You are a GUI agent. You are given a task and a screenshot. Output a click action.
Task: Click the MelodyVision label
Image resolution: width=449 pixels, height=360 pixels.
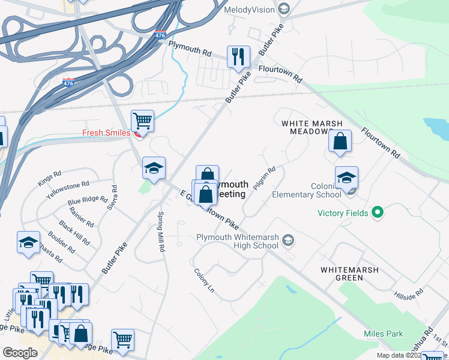click(248, 10)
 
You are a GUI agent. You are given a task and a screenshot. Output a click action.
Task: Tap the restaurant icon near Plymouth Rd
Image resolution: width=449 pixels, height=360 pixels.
click(238, 57)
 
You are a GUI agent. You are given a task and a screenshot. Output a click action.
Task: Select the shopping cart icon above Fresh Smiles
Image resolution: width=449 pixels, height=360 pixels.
click(142, 121)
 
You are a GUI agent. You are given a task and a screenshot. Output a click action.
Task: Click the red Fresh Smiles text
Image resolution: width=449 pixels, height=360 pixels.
click(107, 133)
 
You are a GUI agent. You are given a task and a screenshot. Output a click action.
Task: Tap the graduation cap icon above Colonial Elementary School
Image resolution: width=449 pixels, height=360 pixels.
click(346, 178)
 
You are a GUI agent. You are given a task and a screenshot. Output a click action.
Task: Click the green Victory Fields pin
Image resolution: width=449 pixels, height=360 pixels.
click(378, 212)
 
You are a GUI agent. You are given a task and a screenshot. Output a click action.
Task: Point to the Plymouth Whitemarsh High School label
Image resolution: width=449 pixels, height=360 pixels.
click(237, 241)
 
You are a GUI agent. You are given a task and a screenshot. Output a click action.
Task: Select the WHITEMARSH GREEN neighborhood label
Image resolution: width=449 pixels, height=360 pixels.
click(349, 274)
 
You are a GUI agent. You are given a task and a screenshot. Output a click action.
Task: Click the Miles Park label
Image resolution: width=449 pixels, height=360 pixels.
click(384, 334)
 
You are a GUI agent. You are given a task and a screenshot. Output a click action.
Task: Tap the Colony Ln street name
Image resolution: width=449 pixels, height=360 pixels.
click(204, 280)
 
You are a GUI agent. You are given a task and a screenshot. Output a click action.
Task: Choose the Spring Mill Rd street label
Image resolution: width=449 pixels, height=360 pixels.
click(161, 232)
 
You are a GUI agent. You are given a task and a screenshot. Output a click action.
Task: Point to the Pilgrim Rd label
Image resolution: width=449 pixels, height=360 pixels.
click(264, 178)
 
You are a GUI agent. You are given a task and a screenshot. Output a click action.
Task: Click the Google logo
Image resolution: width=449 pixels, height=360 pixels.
click(20, 353)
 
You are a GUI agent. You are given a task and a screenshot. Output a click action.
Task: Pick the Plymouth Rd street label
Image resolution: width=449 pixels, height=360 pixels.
click(190, 49)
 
